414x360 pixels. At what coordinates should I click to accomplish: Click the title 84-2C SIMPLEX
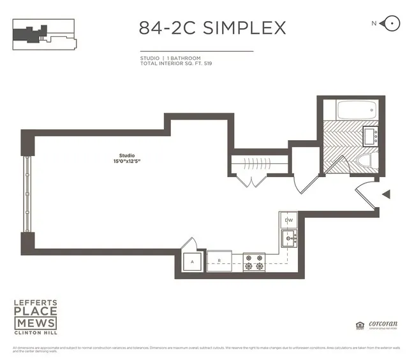212,28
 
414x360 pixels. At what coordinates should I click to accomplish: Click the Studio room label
126,155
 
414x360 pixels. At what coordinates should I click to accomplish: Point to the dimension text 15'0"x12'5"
126,161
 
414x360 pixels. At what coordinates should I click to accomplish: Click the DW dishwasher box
288,220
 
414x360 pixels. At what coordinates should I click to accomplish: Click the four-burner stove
254,261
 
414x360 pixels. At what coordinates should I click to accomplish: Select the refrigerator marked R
219,261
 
